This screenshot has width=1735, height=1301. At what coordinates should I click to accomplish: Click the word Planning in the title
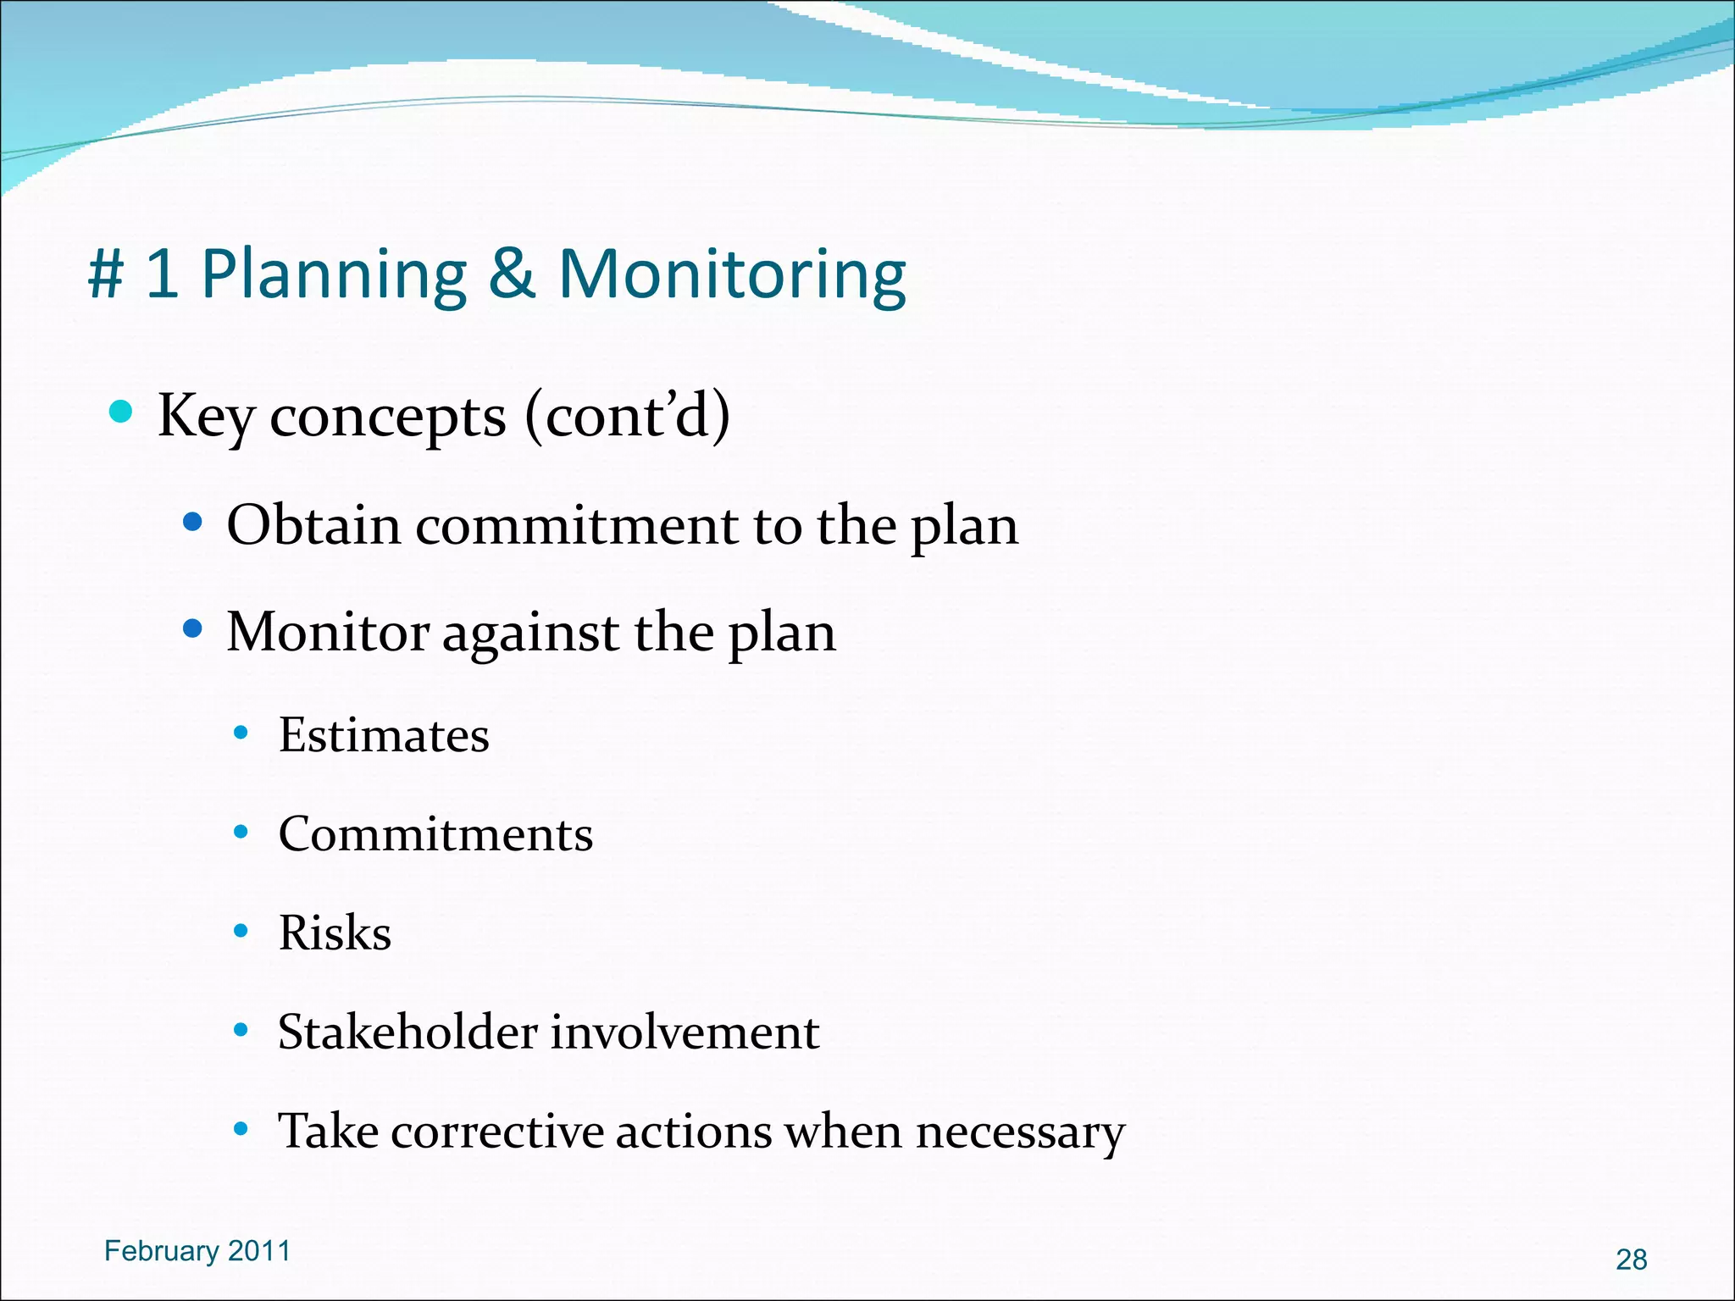click(334, 276)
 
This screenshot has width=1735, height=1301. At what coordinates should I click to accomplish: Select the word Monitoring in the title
click(732, 276)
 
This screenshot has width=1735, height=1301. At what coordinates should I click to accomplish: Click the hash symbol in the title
click(106, 274)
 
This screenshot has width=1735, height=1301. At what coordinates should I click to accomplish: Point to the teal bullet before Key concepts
click(122, 412)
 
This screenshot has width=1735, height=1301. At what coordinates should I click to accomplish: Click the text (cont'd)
click(627, 416)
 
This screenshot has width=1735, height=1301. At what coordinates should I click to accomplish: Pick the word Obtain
click(313, 524)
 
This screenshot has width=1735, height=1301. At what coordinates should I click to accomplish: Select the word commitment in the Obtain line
click(577, 526)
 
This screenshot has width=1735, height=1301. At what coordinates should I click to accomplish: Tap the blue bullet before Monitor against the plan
click(193, 629)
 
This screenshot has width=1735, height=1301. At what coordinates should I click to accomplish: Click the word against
click(530, 634)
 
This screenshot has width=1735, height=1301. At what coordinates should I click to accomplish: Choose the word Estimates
click(384, 734)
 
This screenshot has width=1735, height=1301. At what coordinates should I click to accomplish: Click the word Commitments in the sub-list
click(435, 834)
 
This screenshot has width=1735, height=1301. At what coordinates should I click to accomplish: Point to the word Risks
click(335, 933)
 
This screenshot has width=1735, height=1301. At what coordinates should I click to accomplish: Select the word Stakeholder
click(407, 1032)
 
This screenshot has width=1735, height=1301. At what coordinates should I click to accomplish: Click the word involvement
click(685, 1032)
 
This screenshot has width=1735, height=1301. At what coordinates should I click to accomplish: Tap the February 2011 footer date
click(197, 1251)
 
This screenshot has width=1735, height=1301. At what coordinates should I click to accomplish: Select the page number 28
click(1631, 1259)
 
